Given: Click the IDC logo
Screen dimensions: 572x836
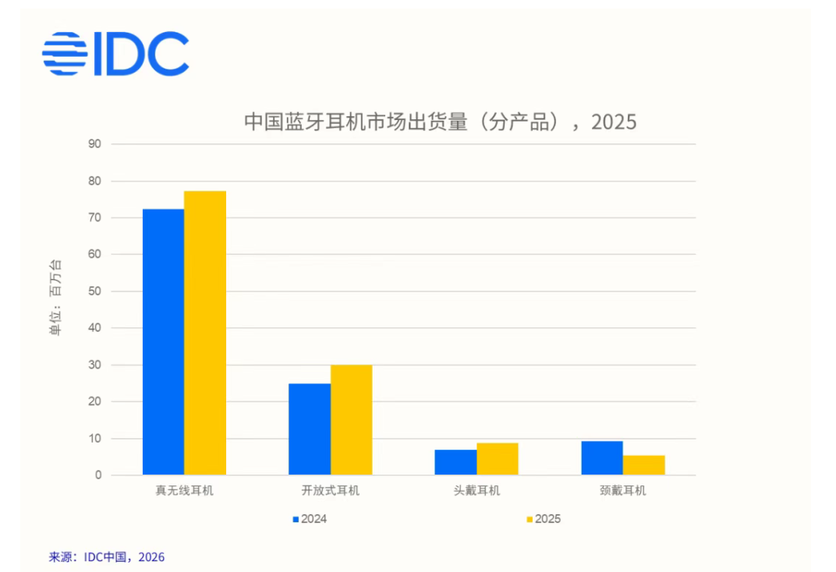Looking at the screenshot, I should (x=115, y=54).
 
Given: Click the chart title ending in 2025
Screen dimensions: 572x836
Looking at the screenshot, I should (x=440, y=122).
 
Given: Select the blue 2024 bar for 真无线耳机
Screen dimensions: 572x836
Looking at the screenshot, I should (x=163, y=342).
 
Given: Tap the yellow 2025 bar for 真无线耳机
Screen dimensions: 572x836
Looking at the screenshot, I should (x=205, y=333).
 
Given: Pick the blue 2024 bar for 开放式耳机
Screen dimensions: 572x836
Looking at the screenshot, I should (x=310, y=429).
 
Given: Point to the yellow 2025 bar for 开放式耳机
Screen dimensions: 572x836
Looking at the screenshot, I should (x=352, y=420).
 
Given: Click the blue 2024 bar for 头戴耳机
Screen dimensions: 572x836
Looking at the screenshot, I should (x=455, y=462).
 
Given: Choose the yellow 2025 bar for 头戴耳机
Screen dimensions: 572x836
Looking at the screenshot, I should (x=498, y=459).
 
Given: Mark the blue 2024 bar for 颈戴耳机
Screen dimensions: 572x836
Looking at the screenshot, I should (x=602, y=458).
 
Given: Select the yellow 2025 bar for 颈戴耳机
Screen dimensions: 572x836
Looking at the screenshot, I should (x=644, y=465).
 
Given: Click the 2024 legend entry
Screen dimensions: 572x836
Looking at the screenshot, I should (x=310, y=519).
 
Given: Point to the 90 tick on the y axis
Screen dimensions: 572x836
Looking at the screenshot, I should (x=96, y=144).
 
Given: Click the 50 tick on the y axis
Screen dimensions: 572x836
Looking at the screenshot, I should (x=96, y=291).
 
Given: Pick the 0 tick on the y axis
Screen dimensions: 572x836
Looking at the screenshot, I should (x=99, y=475).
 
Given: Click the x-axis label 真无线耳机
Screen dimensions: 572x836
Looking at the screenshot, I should (x=184, y=491).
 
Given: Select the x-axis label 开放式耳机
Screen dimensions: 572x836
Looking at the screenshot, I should (x=331, y=491).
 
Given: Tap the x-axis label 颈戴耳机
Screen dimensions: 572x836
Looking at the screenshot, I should (x=623, y=491).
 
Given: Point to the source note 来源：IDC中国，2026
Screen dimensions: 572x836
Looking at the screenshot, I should (x=107, y=557).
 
